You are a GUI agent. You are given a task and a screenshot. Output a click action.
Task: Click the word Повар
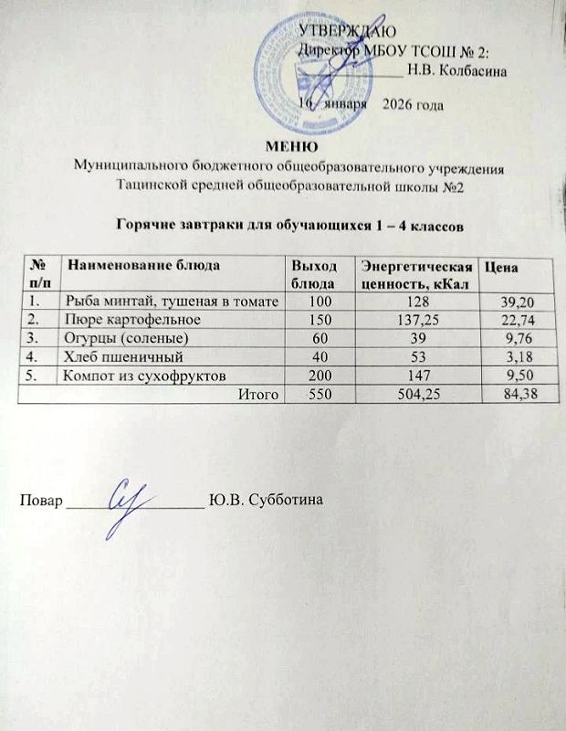click(x=42, y=501)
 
